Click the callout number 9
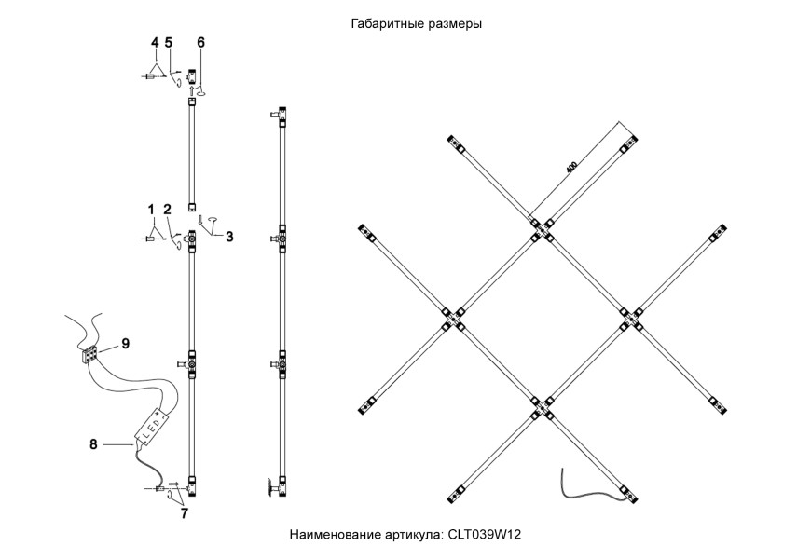pos(125,343)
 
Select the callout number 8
pos(93,445)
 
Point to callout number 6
pos(155,42)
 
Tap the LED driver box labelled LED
pos(155,428)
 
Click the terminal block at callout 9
pos(90,355)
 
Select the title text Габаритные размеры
pos(416,24)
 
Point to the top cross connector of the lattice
pos(540,227)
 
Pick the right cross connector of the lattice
pos(629,317)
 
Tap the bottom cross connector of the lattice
pos(540,406)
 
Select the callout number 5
pos(169,42)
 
